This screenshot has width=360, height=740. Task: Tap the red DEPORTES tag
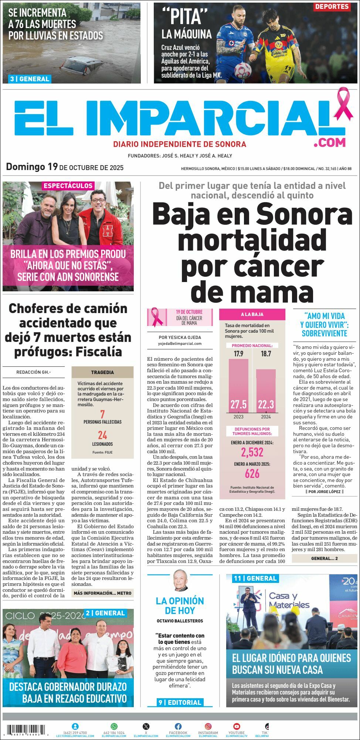[x=332, y=7]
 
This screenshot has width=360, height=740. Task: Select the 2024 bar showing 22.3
[x=266, y=391]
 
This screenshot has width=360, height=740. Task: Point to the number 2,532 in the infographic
[x=252, y=452]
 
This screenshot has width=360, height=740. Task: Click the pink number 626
[x=252, y=473]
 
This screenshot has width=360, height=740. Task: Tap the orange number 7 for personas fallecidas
[x=102, y=414]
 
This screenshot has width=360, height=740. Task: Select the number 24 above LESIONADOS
[x=102, y=435]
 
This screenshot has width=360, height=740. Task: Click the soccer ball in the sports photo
[x=243, y=69]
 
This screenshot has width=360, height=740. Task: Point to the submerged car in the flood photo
[x=82, y=66]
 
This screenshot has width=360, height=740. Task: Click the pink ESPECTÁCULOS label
[x=68, y=186]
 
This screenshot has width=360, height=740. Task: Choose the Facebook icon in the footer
[x=178, y=726]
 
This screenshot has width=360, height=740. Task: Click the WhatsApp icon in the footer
[x=114, y=726]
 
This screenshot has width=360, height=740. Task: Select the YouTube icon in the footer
[x=237, y=726]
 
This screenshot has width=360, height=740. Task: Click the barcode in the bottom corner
[x=26, y=729]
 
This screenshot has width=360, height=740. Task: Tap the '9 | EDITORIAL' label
[x=180, y=702]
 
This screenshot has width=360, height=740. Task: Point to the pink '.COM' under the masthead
[x=330, y=142]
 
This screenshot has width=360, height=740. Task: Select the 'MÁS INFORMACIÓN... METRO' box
[x=102, y=593]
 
